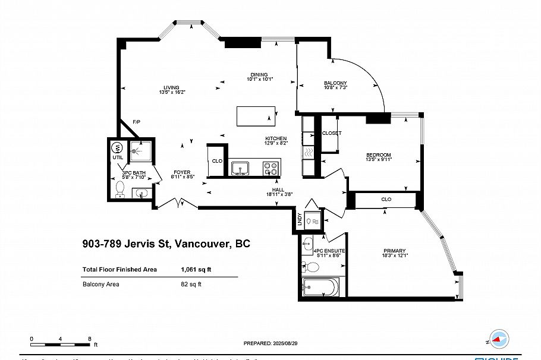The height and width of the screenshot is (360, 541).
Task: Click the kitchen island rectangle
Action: click(x=256, y=116)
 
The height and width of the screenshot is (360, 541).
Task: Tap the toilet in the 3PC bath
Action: click(x=120, y=190)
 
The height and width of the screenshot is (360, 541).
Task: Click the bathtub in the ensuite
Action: click(x=320, y=288)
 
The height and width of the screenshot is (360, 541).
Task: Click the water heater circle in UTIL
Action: click(x=118, y=148)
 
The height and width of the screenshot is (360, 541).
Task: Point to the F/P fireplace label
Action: click(x=136, y=122)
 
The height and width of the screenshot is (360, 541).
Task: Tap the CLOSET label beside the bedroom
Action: click(x=332, y=133)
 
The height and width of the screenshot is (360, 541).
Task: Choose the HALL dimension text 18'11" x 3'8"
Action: click(x=278, y=194)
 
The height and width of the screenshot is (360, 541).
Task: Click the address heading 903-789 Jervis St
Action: click(x=166, y=244)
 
